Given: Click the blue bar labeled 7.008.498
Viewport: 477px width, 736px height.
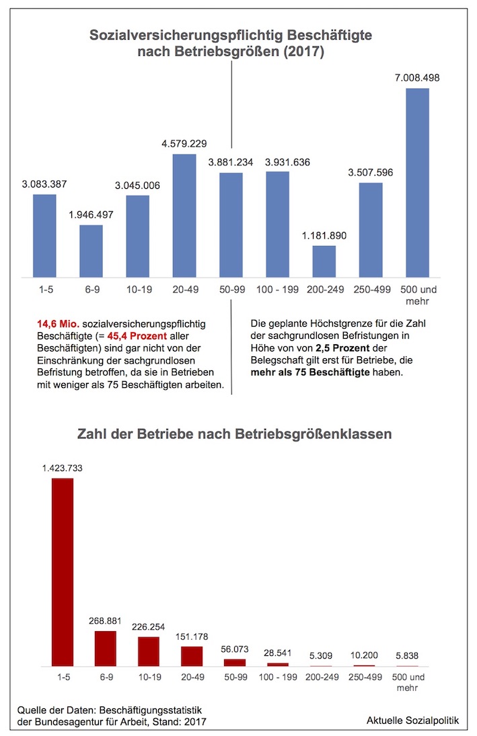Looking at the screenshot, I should pyautogui.click(x=418, y=182).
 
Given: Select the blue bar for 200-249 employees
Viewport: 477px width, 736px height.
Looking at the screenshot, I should pyautogui.click(x=324, y=261).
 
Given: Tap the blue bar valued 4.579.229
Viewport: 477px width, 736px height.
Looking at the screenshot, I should pyautogui.click(x=184, y=215).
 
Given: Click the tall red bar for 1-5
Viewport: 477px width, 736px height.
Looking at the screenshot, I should pyautogui.click(x=62, y=572).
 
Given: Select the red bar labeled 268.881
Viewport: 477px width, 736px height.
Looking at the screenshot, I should pyautogui.click(x=106, y=649).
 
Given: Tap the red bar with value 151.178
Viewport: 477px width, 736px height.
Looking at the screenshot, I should pyautogui.click(x=192, y=656).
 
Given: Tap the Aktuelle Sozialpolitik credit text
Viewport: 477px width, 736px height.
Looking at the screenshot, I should pyautogui.click(x=412, y=720).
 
